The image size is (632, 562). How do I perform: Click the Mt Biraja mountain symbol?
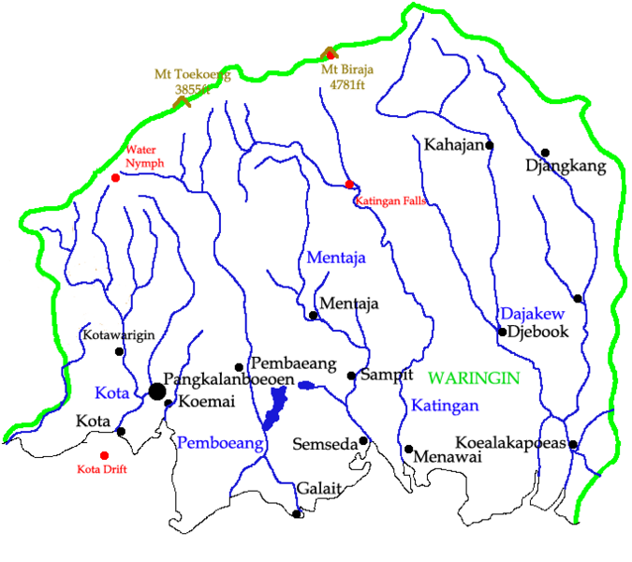(x=329, y=54)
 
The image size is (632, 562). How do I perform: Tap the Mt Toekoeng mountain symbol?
(x=182, y=96)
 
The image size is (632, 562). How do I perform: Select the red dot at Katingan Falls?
(x=349, y=185)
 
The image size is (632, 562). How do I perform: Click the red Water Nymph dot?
(x=115, y=178)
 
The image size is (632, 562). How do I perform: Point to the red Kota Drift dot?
(x=104, y=455)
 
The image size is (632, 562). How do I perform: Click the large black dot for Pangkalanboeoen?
(x=156, y=391)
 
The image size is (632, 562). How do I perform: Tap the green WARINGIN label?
(x=473, y=377)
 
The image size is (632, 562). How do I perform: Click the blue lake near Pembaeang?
(x=275, y=408)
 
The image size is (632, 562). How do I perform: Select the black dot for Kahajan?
(x=489, y=145)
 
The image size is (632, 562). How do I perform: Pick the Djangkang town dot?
(x=545, y=153)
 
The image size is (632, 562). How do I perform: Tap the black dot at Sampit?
(x=351, y=376)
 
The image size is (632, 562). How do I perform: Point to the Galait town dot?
(x=297, y=513)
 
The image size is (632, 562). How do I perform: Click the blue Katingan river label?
(x=445, y=406)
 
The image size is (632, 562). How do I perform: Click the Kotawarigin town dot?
(x=119, y=351)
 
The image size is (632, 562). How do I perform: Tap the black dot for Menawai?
(x=408, y=449)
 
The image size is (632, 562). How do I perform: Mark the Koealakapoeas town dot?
(x=572, y=444)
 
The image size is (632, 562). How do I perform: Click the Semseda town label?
(x=325, y=443)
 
